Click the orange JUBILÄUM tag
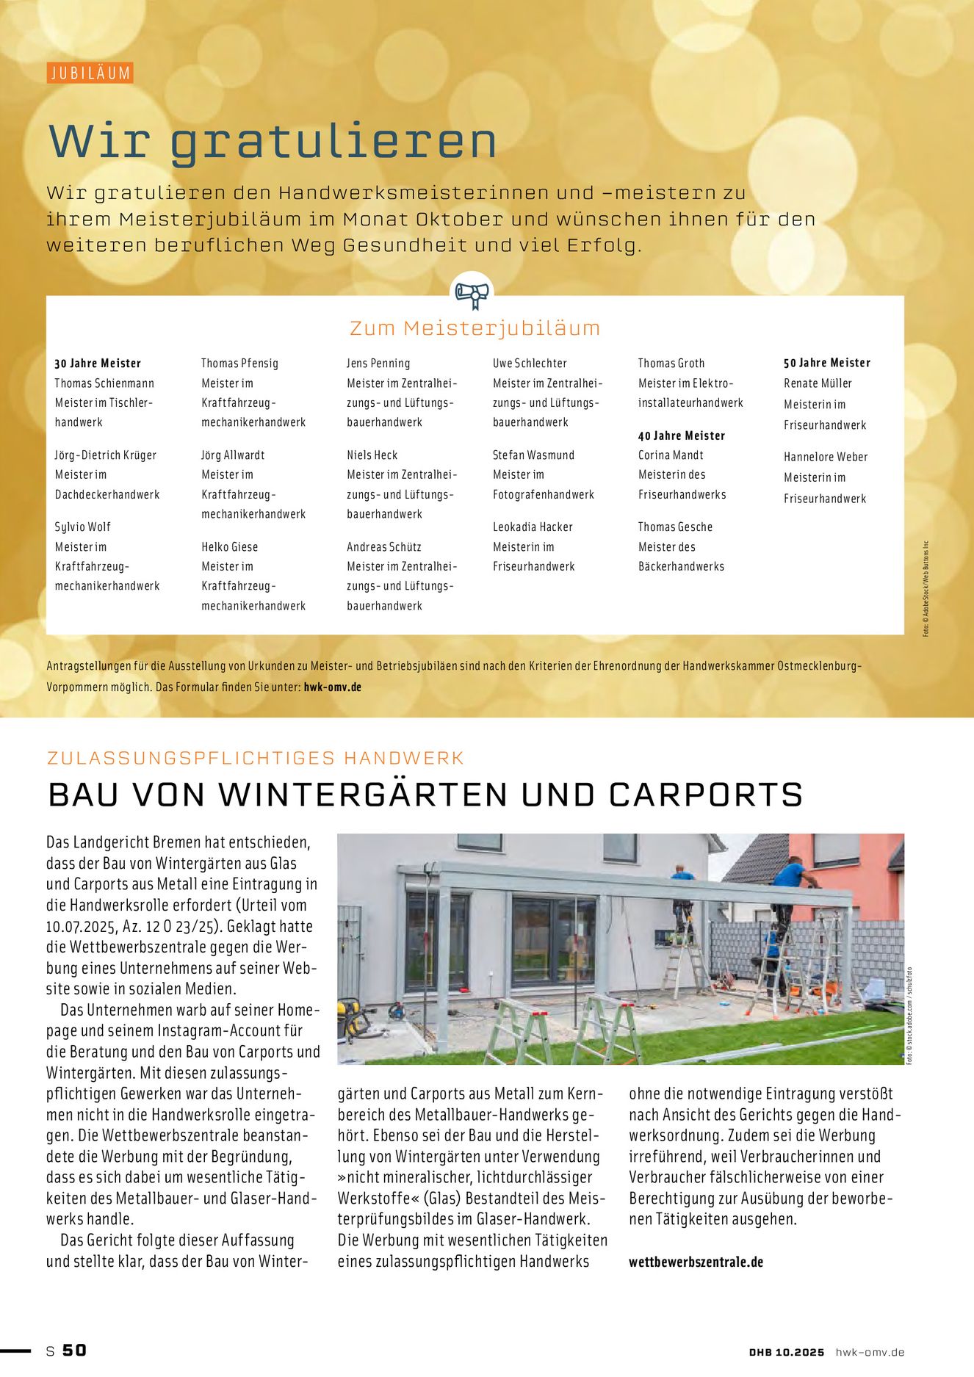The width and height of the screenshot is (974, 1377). point(90,73)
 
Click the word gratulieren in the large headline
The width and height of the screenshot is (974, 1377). point(333,141)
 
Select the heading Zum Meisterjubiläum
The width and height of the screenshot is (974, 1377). point(475,328)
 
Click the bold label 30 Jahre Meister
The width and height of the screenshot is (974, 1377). point(98,364)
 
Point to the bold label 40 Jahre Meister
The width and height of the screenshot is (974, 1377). point(681,435)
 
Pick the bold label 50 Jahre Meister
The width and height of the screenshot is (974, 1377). point(826,363)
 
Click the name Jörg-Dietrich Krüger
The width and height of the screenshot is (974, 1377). point(106,455)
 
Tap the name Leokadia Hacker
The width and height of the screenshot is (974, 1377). point(533,527)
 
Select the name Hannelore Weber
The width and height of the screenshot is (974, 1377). point(826,457)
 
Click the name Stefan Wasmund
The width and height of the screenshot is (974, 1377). point(533,455)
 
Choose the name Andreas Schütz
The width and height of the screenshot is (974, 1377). point(384,547)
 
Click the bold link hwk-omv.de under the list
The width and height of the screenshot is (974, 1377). point(332,687)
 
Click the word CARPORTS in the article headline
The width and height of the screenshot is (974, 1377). point(706,795)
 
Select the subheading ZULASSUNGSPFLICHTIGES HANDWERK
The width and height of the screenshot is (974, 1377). point(256,758)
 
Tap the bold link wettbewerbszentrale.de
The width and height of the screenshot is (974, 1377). point(696,1262)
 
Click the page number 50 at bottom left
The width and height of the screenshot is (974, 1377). point(74,1351)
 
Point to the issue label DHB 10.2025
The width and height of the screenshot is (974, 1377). point(787,1352)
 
